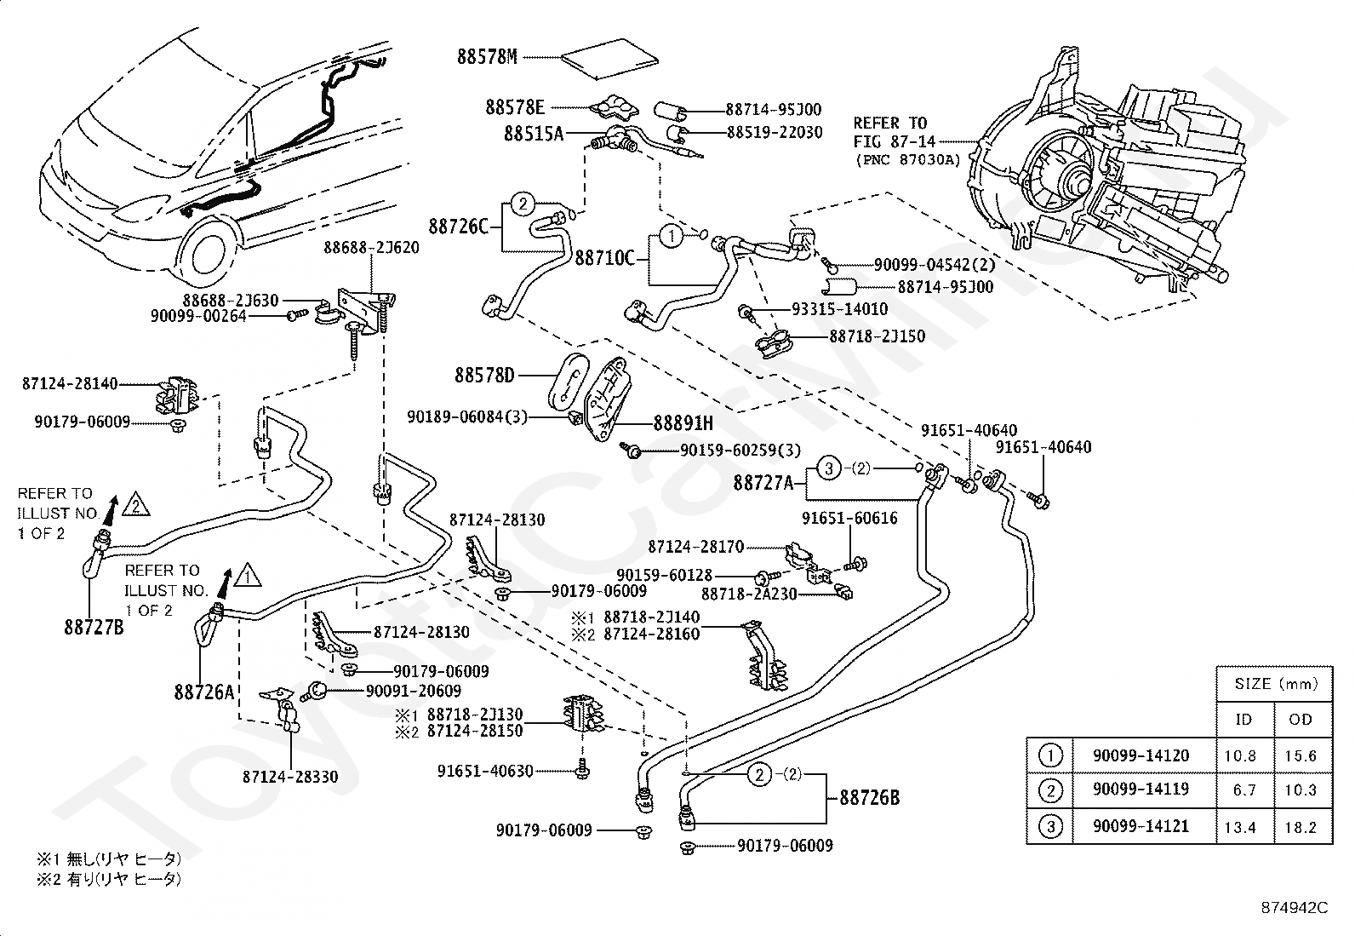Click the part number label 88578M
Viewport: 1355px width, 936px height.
click(488, 57)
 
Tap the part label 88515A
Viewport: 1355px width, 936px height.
click(534, 133)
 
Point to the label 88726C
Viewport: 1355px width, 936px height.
click(459, 227)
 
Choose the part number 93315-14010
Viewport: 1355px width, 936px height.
click(840, 309)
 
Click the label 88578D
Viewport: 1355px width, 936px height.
click(484, 376)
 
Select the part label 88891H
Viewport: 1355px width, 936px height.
click(683, 423)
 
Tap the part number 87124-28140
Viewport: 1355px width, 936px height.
click(70, 384)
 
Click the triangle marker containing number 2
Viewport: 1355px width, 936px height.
click(136, 504)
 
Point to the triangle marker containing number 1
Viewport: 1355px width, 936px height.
click(248, 575)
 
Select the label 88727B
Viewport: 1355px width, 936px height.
click(94, 627)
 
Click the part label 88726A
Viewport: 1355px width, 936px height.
click(204, 692)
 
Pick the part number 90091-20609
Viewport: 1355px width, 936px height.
click(414, 691)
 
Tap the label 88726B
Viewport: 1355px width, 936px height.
click(870, 798)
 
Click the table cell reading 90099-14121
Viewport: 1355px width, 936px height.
click(1141, 826)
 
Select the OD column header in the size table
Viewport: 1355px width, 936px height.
click(1301, 720)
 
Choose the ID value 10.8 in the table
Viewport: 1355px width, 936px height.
click(1240, 756)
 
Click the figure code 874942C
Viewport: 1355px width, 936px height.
click(1295, 908)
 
